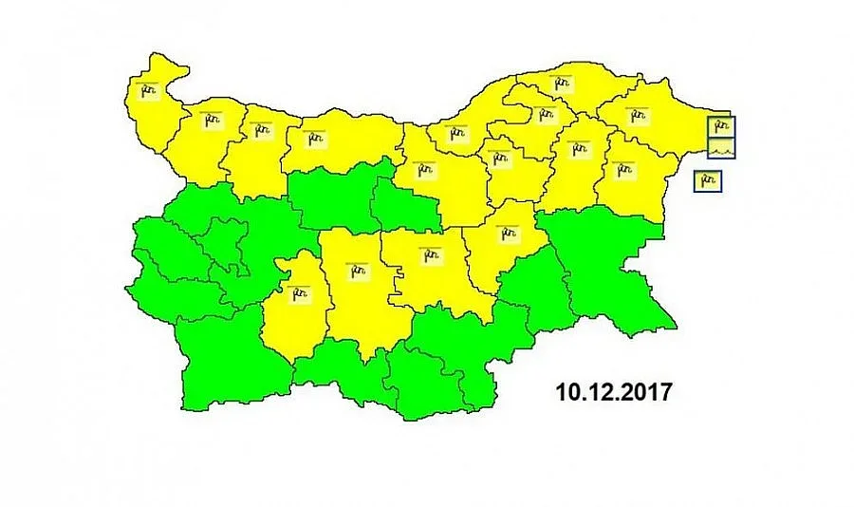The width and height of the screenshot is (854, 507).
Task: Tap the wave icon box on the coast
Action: [721, 148]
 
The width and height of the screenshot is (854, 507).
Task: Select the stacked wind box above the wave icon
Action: [721, 124]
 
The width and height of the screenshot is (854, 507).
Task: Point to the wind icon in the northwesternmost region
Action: [146, 91]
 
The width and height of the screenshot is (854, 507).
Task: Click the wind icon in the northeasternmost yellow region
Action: [637, 116]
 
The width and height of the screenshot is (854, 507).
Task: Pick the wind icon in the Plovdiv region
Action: [358, 270]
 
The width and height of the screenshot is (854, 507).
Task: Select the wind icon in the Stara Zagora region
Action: [432, 254]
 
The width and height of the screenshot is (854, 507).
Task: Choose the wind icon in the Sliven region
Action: [509, 231]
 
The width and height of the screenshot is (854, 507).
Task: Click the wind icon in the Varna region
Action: [623, 169]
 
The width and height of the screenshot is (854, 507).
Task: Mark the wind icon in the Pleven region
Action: [309, 139]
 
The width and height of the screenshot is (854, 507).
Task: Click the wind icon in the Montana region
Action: [209, 119]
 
